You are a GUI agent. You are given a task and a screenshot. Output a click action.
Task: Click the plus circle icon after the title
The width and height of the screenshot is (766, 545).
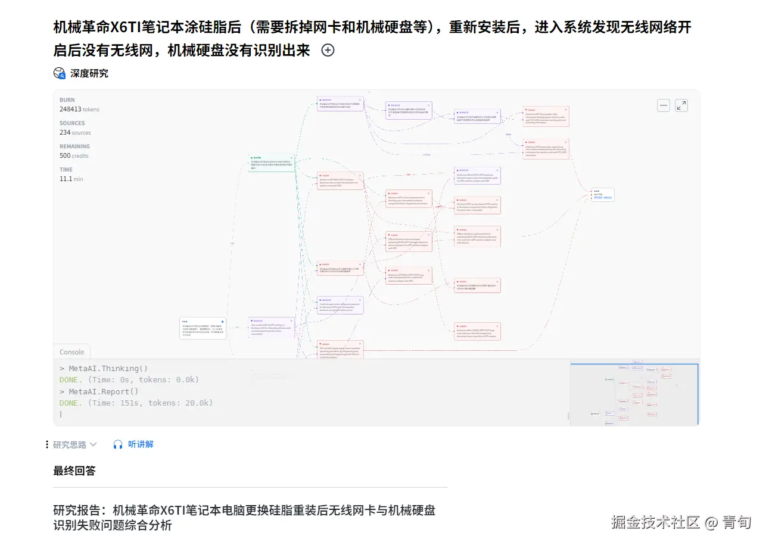pos(328,51)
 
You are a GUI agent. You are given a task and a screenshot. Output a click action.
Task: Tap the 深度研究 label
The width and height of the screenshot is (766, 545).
pos(89,73)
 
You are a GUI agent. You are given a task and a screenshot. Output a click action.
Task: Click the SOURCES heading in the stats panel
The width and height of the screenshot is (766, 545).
pos(72,123)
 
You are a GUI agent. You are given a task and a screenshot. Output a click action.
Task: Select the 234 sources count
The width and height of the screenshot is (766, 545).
pos(75,132)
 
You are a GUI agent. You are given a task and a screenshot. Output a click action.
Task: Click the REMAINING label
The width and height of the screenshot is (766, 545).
pos(74,147)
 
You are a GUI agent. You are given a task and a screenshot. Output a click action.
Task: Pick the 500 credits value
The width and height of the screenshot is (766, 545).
pos(74,155)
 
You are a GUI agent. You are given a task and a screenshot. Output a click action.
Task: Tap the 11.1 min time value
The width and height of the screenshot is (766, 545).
pos(71,179)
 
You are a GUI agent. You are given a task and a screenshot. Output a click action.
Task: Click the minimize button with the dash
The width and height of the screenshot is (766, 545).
pos(664,105)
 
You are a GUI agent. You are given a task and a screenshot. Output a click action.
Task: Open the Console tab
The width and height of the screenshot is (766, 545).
pos(71,352)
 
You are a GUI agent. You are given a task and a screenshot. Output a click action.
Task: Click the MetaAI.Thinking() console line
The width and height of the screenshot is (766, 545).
pos(104,369)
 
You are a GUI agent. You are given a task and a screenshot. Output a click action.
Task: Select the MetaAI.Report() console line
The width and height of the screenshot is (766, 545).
pos(99,391)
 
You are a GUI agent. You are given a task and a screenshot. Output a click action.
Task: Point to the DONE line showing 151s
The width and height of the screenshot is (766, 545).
pos(136,403)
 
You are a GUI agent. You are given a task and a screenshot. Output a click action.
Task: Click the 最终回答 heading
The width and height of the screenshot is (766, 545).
pos(74,471)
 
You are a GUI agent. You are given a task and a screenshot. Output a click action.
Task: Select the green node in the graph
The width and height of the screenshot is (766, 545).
pos(272,163)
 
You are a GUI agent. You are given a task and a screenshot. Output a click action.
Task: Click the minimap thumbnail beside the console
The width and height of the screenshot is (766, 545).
pos(634,394)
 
